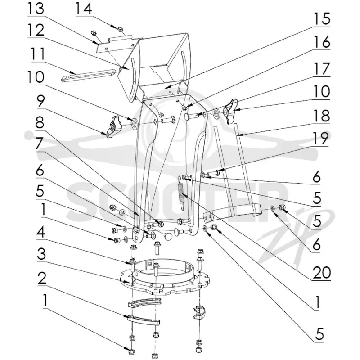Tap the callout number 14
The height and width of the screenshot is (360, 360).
click(x=84, y=9)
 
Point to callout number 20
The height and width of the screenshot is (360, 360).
click(x=321, y=273)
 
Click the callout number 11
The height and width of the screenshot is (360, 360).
click(x=39, y=54)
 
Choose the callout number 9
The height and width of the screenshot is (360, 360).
click(x=40, y=102)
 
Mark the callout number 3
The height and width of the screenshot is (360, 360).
click(x=41, y=254)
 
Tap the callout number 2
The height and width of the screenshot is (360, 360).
click(x=42, y=278)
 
